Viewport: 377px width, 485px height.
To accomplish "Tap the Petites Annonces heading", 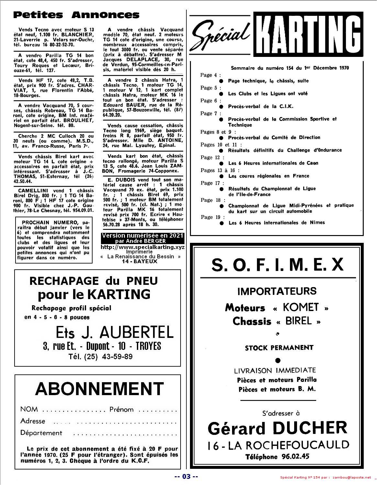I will tap(76, 15).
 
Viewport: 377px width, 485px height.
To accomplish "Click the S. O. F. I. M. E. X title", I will tap(277, 265).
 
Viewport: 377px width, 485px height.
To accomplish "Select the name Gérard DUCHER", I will tap(277, 428).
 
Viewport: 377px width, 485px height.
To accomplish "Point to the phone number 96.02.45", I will tap(294, 457).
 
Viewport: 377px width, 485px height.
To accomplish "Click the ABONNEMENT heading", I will tap(99, 389).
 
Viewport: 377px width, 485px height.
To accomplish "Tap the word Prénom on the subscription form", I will tap(121, 409).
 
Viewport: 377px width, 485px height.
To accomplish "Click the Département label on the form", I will tap(41, 433).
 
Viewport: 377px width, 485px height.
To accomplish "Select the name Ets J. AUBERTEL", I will tap(115, 332).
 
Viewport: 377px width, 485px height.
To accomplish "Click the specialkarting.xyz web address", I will tap(143, 247).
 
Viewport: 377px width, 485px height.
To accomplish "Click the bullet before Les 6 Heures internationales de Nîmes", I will tap(222, 223).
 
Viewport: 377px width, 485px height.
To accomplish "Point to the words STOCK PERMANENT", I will tap(279, 348).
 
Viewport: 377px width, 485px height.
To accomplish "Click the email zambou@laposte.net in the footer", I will tap(351, 478).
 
